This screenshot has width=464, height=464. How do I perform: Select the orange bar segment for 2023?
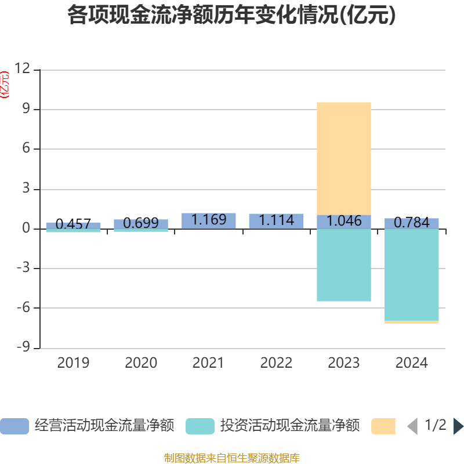344,158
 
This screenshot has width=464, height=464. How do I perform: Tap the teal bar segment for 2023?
344,265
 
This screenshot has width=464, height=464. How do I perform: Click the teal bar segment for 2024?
411,275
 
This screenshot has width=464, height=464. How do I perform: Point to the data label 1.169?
209,220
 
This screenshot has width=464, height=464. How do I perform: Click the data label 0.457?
73,224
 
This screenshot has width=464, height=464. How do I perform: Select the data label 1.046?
344,221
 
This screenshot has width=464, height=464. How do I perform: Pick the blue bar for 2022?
277,222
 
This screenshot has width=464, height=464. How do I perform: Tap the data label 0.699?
141,223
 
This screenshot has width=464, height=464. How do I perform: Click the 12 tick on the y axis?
23,68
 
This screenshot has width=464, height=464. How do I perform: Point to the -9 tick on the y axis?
23,347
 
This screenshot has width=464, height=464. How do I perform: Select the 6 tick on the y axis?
26,148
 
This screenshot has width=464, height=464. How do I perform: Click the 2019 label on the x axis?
73,363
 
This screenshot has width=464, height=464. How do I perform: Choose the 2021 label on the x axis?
208,363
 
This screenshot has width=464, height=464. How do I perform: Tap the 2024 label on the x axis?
411,363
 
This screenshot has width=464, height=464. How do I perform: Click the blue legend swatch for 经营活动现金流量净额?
14,426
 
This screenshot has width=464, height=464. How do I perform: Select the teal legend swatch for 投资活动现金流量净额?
200,426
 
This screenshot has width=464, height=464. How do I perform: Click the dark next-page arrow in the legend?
458,426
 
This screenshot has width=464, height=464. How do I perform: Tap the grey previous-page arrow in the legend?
413,426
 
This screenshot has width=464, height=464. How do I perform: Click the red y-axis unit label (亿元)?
5,85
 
